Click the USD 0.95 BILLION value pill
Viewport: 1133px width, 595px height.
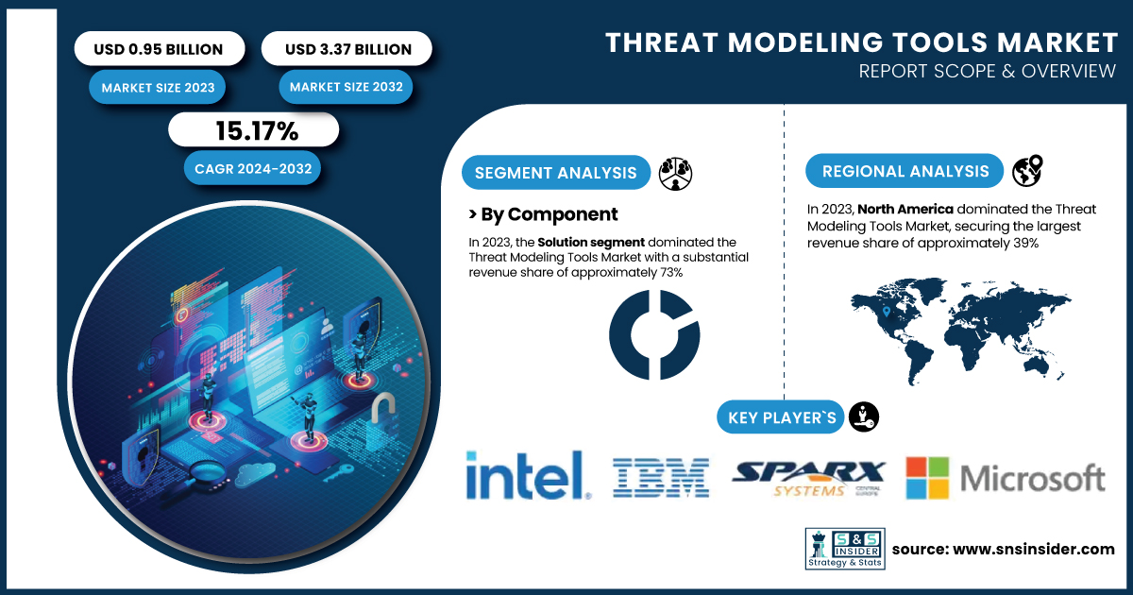tap(160, 48)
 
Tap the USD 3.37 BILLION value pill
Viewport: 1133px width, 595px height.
tap(347, 48)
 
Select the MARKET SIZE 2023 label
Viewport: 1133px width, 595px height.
tap(158, 87)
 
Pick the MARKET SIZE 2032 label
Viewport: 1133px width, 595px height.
tap(346, 87)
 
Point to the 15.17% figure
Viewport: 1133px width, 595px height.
tap(257, 130)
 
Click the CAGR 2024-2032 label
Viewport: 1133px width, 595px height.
tap(252, 168)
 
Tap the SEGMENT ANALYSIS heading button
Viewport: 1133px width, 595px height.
tap(556, 173)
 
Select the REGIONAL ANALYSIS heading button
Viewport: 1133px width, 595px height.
tap(905, 171)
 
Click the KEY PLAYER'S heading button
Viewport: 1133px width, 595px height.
tap(781, 417)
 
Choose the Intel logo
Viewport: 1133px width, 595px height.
tap(528, 475)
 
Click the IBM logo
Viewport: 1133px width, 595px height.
tap(661, 478)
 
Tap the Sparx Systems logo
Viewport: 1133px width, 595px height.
tap(808, 478)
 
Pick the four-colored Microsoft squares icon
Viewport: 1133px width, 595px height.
tap(927, 478)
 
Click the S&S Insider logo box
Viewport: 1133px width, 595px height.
tap(845, 549)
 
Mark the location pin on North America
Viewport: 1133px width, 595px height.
tap(887, 312)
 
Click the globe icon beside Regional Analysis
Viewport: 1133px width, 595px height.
tap(1027, 171)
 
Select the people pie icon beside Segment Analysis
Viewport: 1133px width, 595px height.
tap(675, 174)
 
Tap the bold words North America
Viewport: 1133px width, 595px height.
tap(905, 209)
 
